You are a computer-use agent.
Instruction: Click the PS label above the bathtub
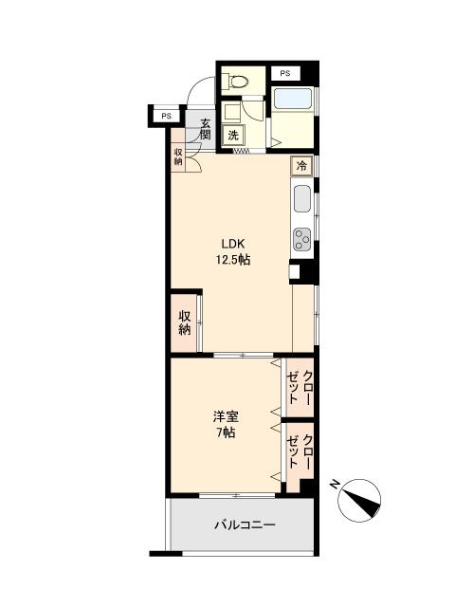(284, 73)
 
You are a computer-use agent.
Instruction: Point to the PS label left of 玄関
(166, 117)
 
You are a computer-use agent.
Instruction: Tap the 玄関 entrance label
(205, 126)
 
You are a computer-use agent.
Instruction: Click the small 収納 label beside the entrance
(178, 156)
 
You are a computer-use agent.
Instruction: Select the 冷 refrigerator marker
(301, 166)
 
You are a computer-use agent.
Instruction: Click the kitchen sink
(301, 198)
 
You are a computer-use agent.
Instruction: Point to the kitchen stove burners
(302, 237)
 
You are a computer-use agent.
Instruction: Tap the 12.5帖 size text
(231, 259)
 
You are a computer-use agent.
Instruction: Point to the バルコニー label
(245, 524)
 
